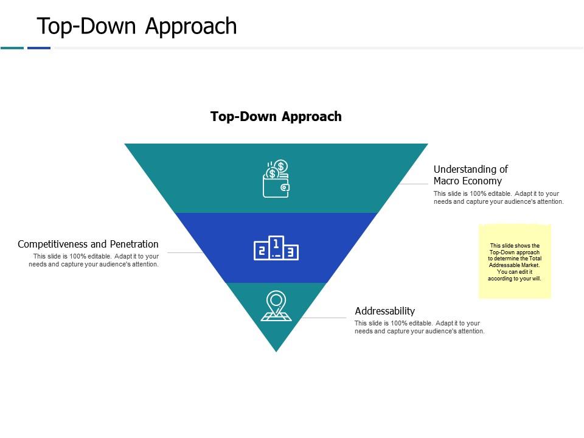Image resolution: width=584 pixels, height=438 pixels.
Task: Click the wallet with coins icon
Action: click(x=276, y=179)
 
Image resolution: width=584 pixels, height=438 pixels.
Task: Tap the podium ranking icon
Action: click(x=276, y=248)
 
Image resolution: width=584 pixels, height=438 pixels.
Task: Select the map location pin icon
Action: click(x=276, y=306)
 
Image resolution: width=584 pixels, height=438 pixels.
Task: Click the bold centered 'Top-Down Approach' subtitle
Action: click(x=276, y=116)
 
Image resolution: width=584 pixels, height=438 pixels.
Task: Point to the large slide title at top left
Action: click(x=137, y=26)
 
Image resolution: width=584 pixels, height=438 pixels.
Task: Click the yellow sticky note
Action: click(x=515, y=262)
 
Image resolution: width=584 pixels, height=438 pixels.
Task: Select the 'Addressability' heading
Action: click(x=384, y=311)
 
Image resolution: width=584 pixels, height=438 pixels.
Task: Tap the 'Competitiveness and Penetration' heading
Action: click(x=88, y=244)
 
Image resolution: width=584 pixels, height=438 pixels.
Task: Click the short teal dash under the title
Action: click(x=12, y=48)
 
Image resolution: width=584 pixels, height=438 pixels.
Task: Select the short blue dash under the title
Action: click(x=39, y=48)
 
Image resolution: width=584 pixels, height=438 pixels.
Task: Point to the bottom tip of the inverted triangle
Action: click(x=276, y=352)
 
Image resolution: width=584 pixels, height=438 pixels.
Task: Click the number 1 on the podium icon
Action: click(x=276, y=245)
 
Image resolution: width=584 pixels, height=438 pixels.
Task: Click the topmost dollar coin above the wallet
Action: click(x=281, y=166)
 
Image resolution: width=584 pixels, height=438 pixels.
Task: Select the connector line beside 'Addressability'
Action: click(x=324, y=318)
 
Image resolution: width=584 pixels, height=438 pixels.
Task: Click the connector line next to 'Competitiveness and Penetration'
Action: click(x=186, y=252)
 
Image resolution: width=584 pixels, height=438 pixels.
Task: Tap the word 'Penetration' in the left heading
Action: click(x=134, y=244)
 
